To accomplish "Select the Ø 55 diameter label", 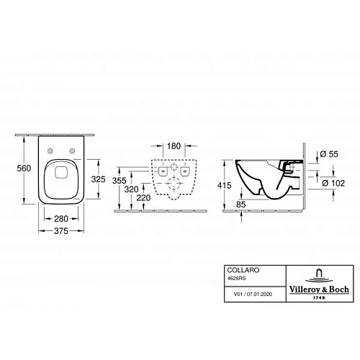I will (x=327, y=153).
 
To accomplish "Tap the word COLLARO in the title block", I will (x=237, y=267).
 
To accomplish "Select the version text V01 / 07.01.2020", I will (x=243, y=294).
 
